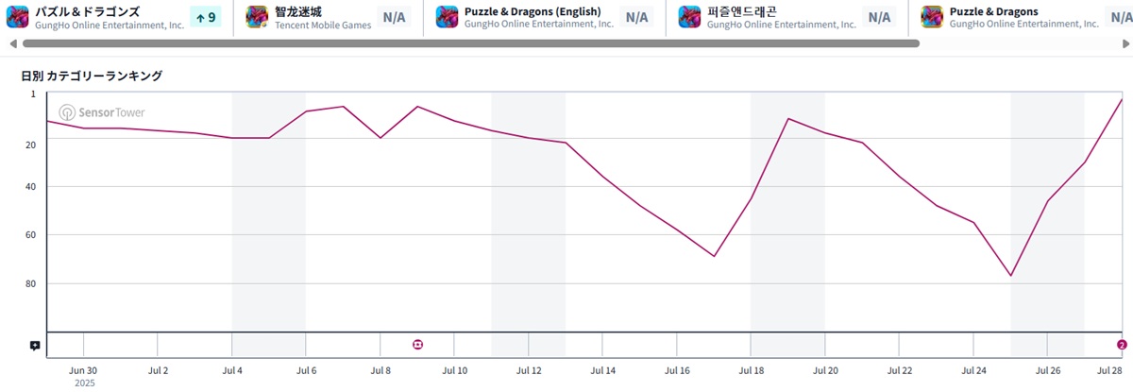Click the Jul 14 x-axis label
[x=602, y=371]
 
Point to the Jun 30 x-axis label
[x=83, y=371]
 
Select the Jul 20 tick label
[x=825, y=371]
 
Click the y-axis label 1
[x=32, y=94]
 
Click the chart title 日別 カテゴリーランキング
[x=92, y=76]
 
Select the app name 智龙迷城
[x=298, y=11]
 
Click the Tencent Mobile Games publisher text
[x=323, y=26]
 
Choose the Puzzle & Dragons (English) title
[x=533, y=11]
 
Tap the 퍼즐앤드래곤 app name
[x=742, y=11]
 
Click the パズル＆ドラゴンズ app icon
[x=18, y=17]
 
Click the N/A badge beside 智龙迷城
[x=393, y=17]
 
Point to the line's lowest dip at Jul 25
[x=1010, y=276]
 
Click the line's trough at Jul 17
[x=714, y=256]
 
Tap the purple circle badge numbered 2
[x=1122, y=345]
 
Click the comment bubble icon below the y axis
[x=35, y=346]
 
